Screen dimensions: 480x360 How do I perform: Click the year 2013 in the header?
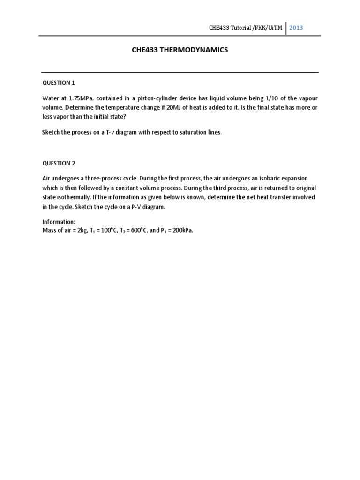point(296,27)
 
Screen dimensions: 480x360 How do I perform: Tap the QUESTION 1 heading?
point(59,83)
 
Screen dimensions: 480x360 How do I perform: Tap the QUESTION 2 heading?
point(59,163)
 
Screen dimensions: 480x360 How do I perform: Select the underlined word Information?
point(59,222)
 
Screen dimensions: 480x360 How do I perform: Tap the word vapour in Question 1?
point(307,98)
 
